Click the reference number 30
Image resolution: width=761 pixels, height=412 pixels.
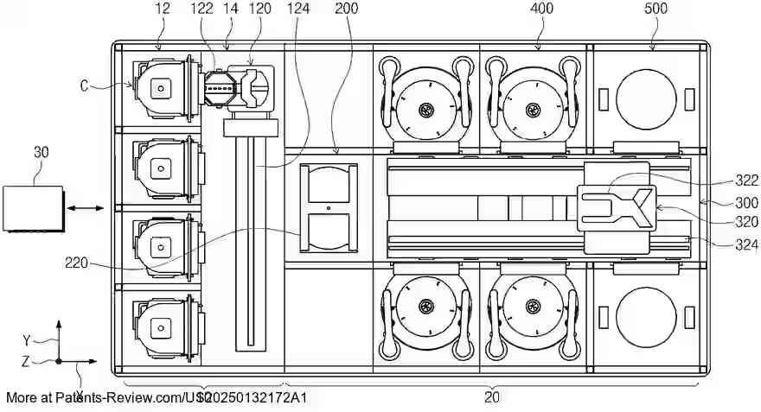pos(41,152)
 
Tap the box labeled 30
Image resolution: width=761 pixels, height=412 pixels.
pos(33,208)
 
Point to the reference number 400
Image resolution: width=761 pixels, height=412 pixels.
pos(541,9)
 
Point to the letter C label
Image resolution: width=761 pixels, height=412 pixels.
pos(84,85)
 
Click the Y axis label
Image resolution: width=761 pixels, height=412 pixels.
pos(27,339)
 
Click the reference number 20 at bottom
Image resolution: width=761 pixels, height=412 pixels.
pos(491,397)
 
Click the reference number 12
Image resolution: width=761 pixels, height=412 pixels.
pos(163,9)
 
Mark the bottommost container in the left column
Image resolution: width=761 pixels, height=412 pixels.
pos(162,326)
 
